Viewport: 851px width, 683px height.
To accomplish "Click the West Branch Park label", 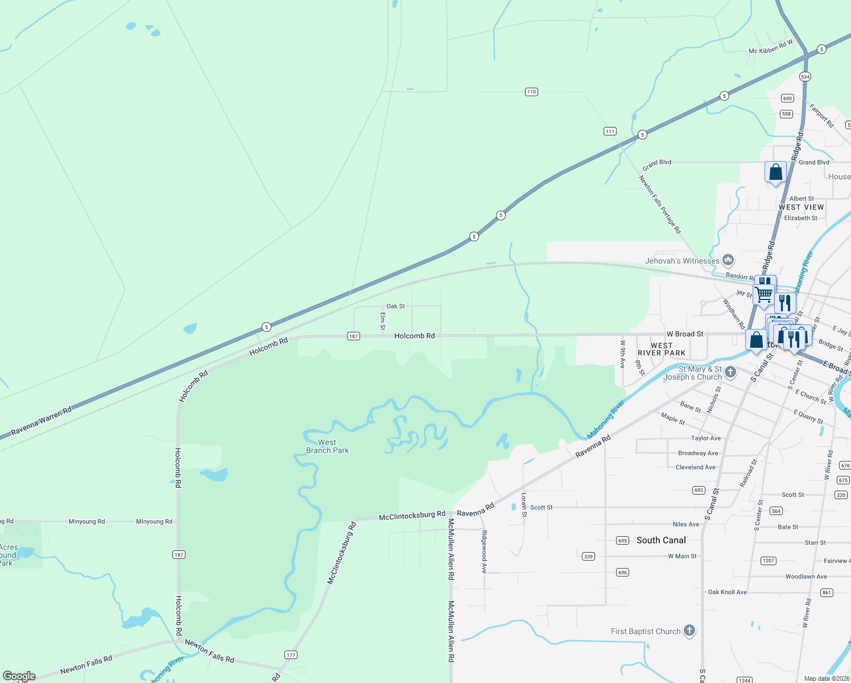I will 327,446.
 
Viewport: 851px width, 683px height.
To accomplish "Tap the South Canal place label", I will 661,540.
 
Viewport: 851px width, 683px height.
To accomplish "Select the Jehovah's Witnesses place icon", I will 728,261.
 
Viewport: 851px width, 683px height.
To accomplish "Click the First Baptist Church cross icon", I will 689,631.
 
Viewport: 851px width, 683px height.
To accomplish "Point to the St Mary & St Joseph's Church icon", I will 730,373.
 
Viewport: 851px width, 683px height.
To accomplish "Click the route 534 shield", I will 805,76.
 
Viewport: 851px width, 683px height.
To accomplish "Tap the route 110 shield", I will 531,92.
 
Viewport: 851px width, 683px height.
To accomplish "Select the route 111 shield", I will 610,131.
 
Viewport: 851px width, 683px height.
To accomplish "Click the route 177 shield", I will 291,655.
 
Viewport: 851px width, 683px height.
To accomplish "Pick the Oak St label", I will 396,306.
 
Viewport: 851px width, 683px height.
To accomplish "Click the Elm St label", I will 383,320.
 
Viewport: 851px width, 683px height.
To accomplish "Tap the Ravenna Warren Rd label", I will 42,421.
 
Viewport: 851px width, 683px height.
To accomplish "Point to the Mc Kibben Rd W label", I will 771,47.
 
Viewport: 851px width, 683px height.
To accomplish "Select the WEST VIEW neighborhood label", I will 801,207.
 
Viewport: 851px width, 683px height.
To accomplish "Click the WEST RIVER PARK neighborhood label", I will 662,349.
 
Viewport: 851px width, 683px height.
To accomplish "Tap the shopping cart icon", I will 763,295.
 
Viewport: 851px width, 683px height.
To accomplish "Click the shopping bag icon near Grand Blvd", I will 775,172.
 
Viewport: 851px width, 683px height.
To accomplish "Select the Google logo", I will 19,676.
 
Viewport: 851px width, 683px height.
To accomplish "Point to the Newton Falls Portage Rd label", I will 659,204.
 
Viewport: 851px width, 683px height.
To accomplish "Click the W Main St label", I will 682,556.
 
